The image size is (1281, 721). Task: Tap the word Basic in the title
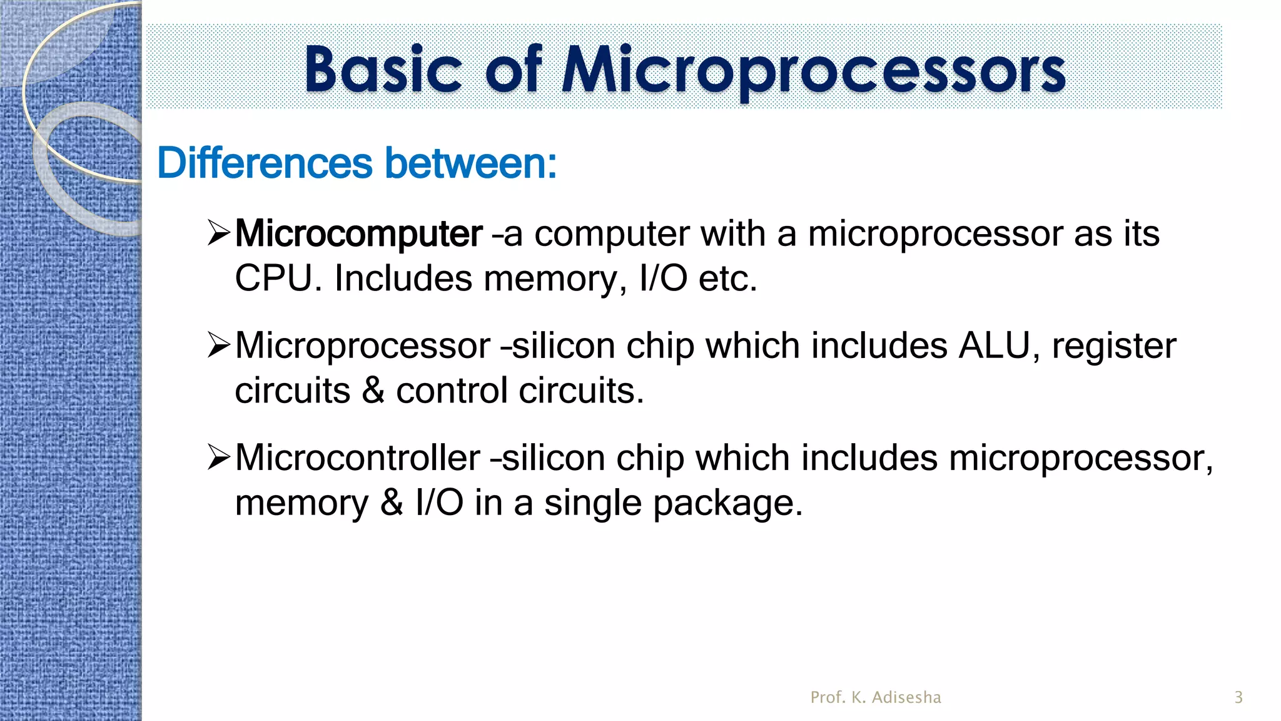383,70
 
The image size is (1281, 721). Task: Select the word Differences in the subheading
265,163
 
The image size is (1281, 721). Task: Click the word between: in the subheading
470,163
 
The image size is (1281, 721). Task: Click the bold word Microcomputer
358,234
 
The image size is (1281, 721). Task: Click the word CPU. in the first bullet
278,279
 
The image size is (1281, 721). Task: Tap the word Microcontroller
358,458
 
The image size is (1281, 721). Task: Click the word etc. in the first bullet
727,279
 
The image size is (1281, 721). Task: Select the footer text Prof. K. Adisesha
876,697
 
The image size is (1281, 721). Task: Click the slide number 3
1238,697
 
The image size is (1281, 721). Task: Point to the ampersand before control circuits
373,391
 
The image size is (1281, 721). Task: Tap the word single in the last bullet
592,503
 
